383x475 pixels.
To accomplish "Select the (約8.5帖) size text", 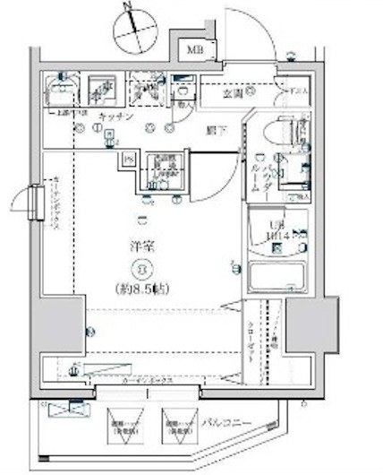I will point(140,289).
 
